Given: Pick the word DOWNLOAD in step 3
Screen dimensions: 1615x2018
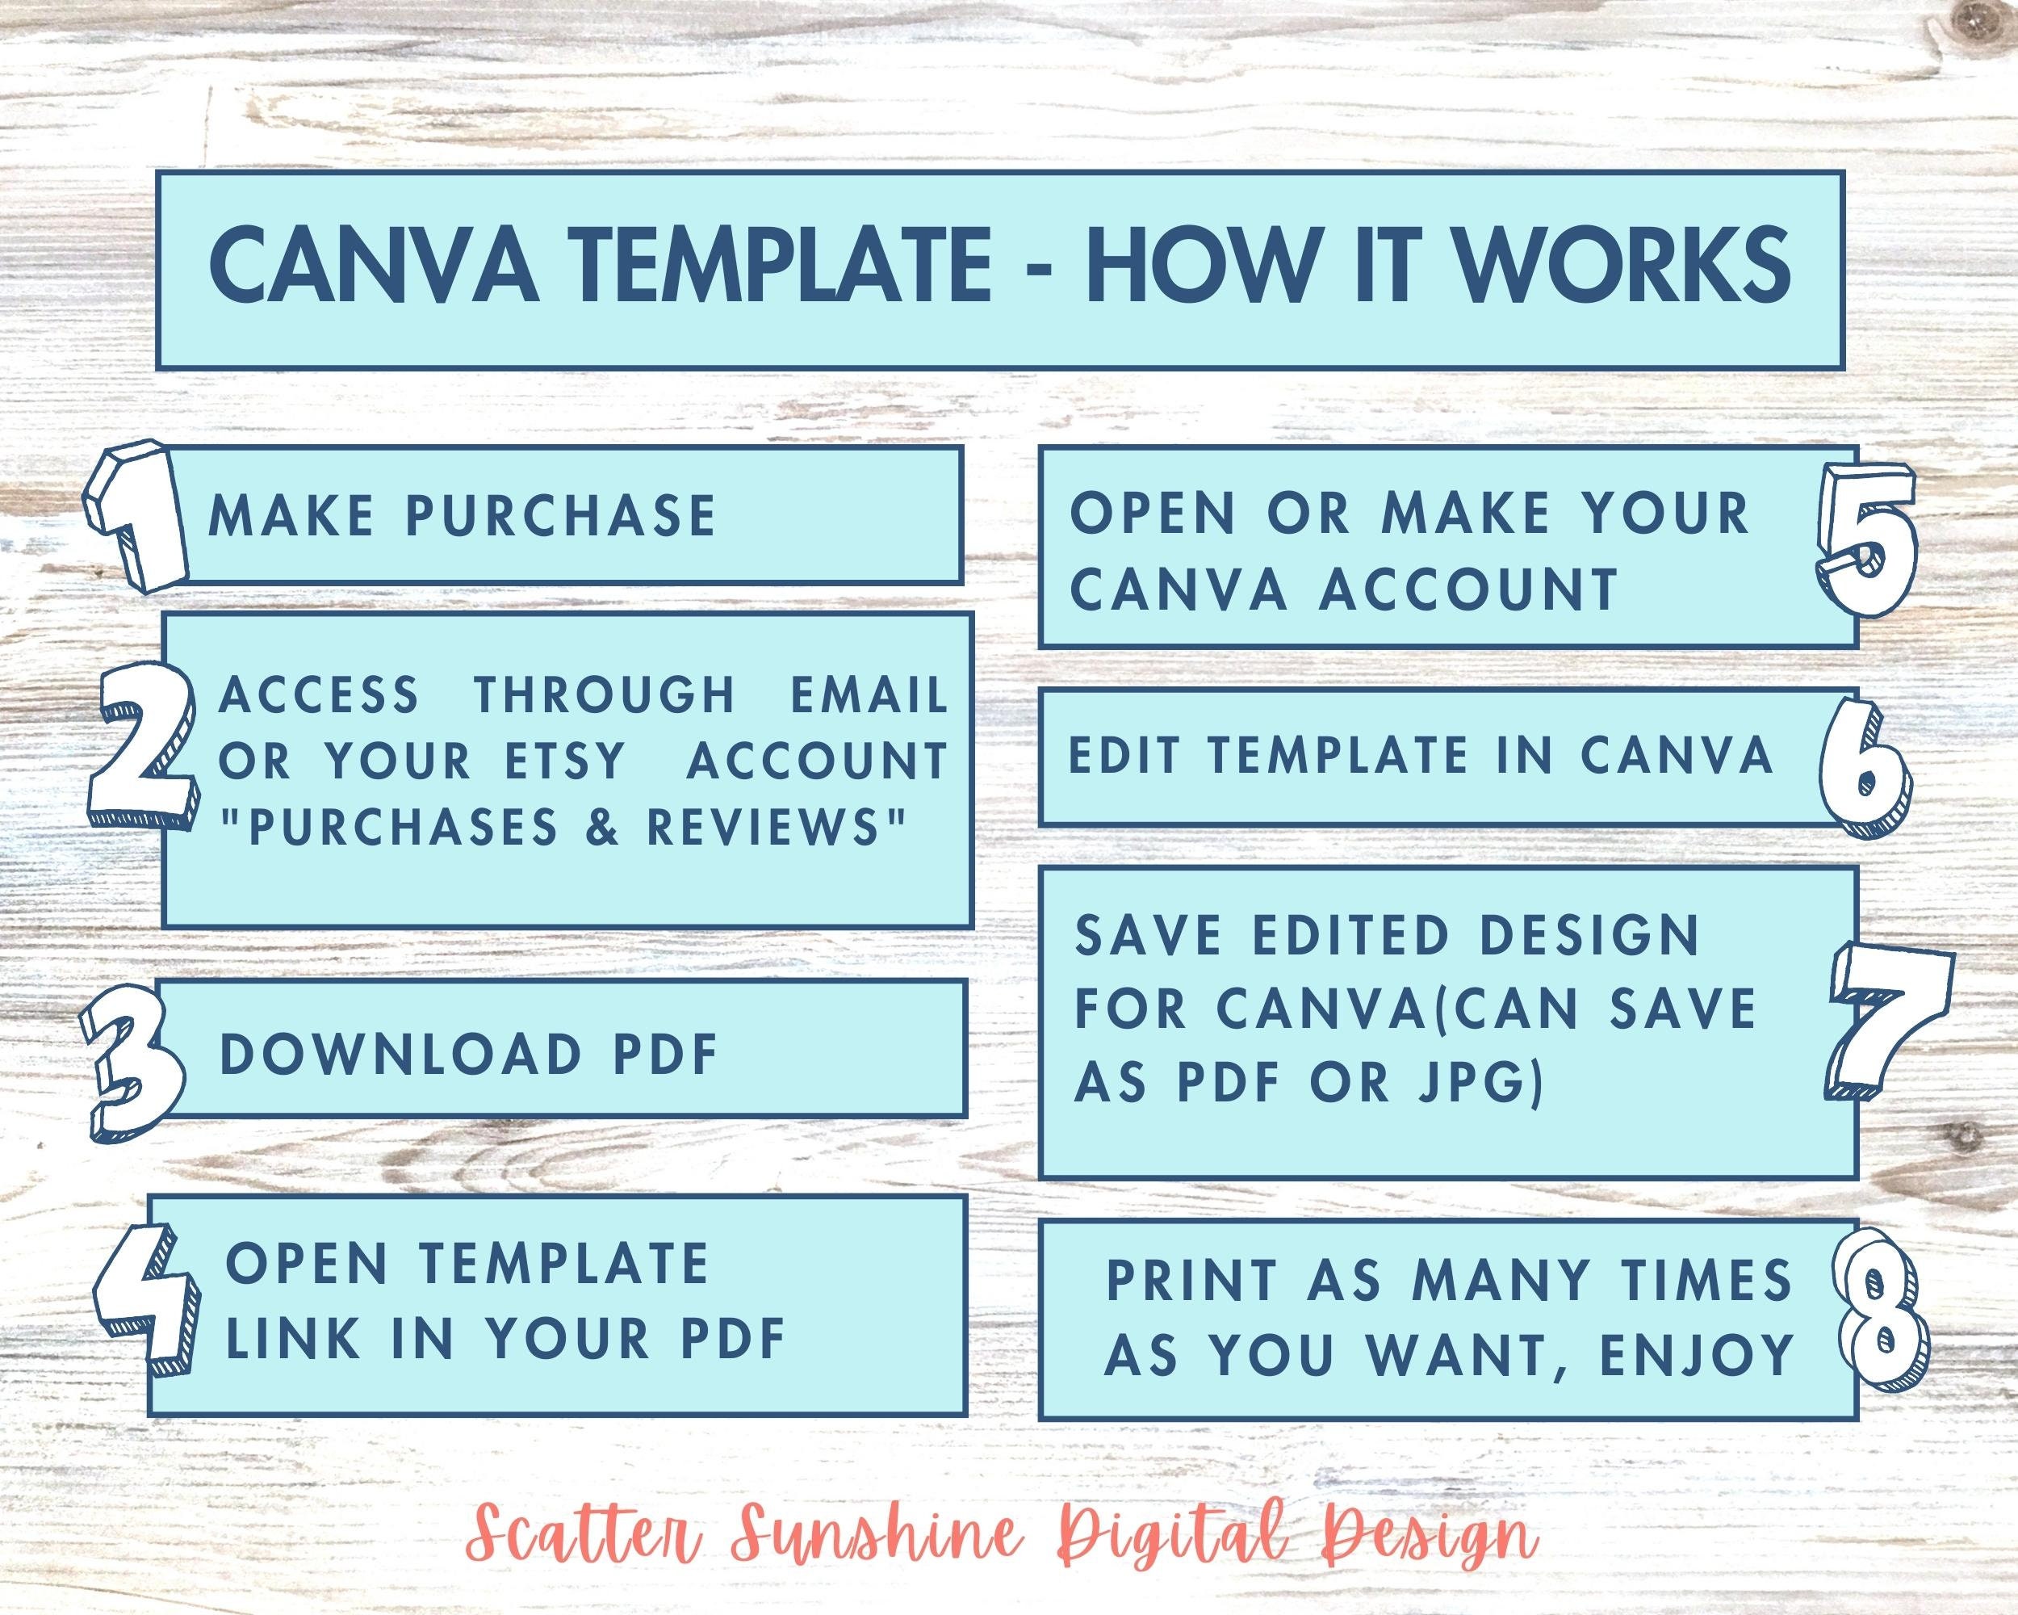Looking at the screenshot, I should coord(400,1055).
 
